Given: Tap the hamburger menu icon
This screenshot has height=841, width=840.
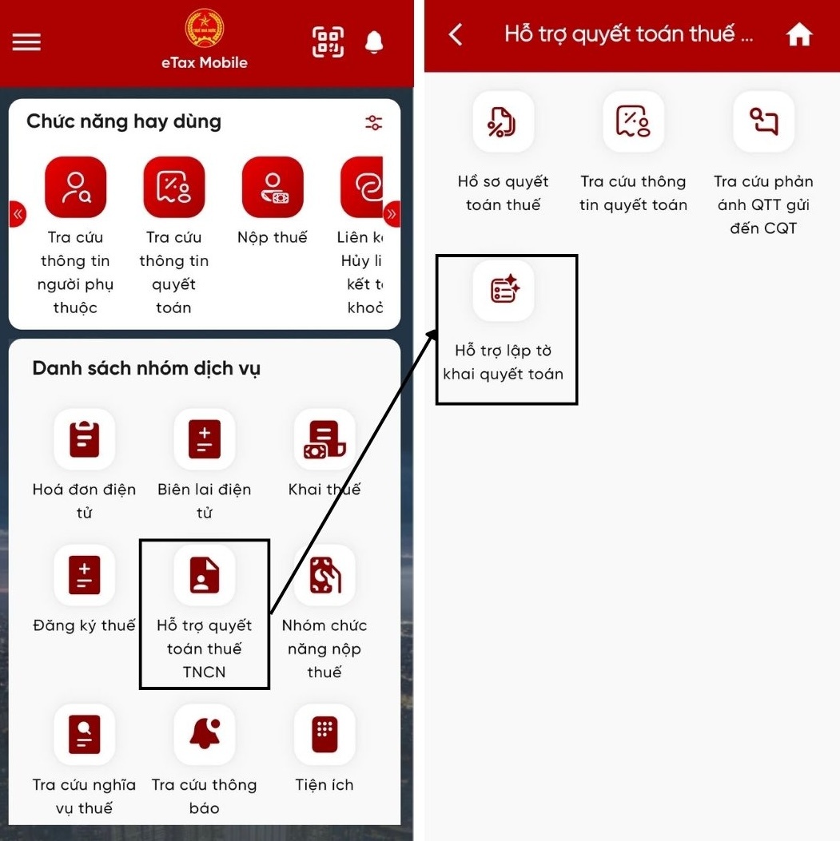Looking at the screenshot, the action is point(26,42).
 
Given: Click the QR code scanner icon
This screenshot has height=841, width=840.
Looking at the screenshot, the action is point(328,42).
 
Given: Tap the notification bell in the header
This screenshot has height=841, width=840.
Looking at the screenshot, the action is point(374,42).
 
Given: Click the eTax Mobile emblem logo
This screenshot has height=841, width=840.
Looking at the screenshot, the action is point(205,28).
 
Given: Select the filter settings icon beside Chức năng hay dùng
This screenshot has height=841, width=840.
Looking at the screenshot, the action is point(373,123).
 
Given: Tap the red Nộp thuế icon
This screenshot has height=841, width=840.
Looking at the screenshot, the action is point(273,187).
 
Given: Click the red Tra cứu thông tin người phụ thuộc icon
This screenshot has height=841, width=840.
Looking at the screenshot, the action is point(76,187).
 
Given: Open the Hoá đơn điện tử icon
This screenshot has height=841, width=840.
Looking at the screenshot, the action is point(84,439).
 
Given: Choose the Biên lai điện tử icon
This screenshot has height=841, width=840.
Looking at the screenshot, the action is point(205,439).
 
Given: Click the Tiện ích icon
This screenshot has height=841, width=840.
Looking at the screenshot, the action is point(324,734).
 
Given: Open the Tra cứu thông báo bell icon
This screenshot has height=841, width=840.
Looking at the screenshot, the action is point(205,734).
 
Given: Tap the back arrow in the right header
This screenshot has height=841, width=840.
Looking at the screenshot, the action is point(455,35).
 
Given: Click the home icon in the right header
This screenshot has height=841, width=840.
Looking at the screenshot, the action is point(799,35).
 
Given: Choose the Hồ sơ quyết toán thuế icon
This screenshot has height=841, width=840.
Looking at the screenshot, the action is point(504,121).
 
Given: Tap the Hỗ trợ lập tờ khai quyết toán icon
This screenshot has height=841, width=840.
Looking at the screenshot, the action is point(504,290).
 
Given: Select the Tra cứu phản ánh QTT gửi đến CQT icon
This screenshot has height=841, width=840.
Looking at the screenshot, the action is point(764,121).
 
